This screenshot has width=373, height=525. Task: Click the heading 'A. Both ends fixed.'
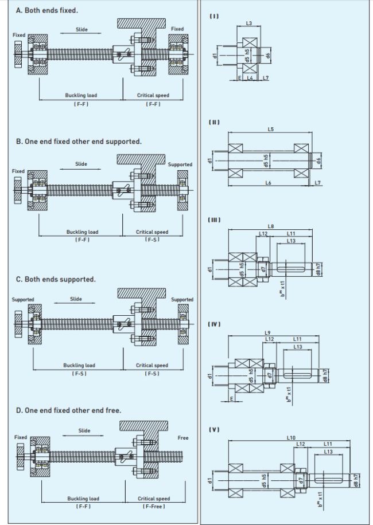click(47, 10)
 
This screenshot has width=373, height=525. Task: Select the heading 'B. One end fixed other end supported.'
click(79, 141)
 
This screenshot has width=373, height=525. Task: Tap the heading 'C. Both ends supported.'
click(56, 279)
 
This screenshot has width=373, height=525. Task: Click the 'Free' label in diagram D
click(183, 438)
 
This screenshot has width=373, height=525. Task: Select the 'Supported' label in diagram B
click(180, 164)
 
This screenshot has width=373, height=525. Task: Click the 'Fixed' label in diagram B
click(18, 171)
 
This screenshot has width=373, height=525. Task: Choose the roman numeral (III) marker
click(215, 220)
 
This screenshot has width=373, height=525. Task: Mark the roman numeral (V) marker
click(215, 429)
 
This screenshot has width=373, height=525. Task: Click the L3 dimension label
click(249, 23)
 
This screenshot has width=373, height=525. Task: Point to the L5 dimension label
click(270, 130)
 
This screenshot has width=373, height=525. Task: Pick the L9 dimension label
click(267, 332)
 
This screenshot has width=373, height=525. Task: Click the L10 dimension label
click(290, 437)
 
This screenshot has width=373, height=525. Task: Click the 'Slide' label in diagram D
click(84, 430)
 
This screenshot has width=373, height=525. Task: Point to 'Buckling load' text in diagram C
click(79, 365)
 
